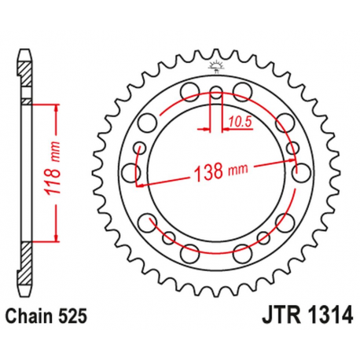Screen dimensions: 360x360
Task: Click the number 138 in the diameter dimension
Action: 206,172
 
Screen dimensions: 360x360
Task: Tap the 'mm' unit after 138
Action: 236,170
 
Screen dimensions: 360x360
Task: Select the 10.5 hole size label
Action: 241,121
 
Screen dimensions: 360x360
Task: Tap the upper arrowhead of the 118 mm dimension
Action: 57,108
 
